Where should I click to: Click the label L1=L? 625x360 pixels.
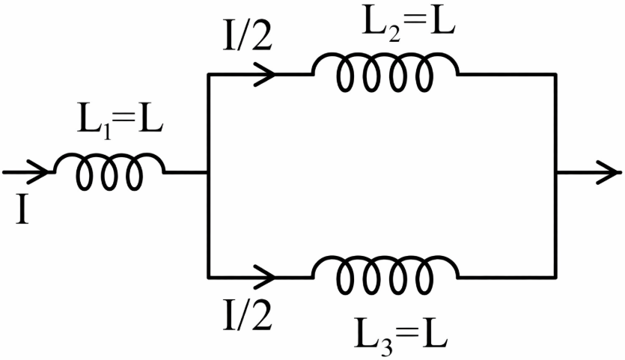[121, 125]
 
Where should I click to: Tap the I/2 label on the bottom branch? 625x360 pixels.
[247, 316]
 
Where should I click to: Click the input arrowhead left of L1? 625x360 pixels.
[38, 172]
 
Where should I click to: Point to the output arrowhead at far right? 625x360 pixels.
[608, 172]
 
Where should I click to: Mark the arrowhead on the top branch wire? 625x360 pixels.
[264, 74]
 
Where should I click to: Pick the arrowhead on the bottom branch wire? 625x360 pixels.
[264, 276]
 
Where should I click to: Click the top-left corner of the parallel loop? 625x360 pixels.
[208, 74]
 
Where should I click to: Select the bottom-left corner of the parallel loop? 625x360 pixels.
[208, 276]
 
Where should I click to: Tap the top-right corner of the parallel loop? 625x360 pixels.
[555, 74]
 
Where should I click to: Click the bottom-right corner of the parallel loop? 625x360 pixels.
[555, 276]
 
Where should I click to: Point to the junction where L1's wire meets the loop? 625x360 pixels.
[208, 173]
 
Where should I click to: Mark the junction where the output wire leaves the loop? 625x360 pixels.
[555, 173]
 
